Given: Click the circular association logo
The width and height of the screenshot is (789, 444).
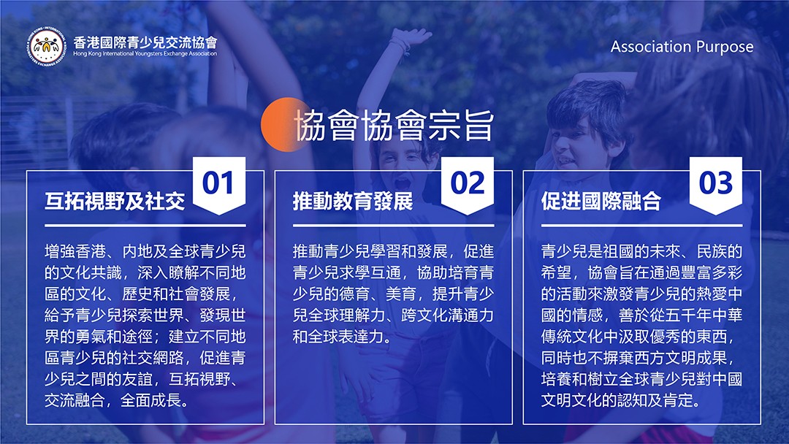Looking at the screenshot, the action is pyautogui.click(x=47, y=46).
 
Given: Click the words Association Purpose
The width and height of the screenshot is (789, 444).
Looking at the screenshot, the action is pyautogui.click(x=682, y=47).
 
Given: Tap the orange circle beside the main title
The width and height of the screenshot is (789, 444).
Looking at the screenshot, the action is pyautogui.click(x=282, y=125).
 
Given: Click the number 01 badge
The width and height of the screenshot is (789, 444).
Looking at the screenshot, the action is pyautogui.click(x=219, y=184).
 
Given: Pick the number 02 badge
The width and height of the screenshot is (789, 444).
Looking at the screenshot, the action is pyautogui.click(x=468, y=184).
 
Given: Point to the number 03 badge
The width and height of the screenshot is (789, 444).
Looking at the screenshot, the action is pyautogui.click(x=715, y=184).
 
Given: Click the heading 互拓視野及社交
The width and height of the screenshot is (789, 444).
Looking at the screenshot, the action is pyautogui.click(x=115, y=201).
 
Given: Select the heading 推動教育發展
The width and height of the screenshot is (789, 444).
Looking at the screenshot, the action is pyautogui.click(x=353, y=201).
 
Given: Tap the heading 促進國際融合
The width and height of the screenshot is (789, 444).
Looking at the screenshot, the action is pyautogui.click(x=601, y=201).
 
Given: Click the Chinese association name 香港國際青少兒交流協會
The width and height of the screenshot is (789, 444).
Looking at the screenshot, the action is pyautogui.click(x=145, y=42).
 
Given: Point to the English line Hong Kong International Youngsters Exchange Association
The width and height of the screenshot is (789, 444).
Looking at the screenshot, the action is pyautogui.click(x=145, y=53).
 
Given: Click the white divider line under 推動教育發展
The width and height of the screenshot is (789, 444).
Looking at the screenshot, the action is pyautogui.click(x=394, y=226).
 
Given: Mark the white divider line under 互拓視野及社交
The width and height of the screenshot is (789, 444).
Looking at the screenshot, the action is pyautogui.click(x=145, y=226).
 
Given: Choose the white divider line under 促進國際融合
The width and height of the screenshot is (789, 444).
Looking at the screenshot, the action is pyautogui.click(x=641, y=226).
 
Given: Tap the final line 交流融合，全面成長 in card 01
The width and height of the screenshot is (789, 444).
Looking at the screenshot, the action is pyautogui.click(x=117, y=400).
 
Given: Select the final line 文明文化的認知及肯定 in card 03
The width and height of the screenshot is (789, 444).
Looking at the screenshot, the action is pyautogui.click(x=621, y=400).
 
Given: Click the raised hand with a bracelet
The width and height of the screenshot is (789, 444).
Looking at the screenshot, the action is pyautogui.click(x=408, y=40).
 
